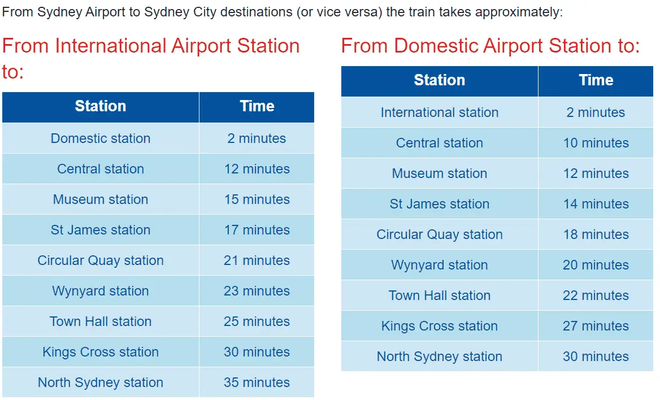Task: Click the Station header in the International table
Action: pyautogui.click(x=101, y=106)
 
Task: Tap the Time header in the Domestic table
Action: pyautogui.click(x=596, y=80)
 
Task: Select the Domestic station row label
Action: pyautogui.click(x=101, y=138)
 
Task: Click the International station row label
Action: pyautogui.click(x=440, y=112)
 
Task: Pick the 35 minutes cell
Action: pyautogui.click(x=257, y=382)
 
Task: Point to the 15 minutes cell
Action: pyautogui.click(x=257, y=199)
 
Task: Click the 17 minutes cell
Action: pyautogui.click(x=257, y=230)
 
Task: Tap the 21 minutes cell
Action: pyautogui.click(x=257, y=260)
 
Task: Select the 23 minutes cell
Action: pyautogui.click(x=257, y=291)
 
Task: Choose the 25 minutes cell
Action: pyautogui.click(x=257, y=321)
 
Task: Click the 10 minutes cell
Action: pyautogui.click(x=596, y=143)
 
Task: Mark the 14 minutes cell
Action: pyautogui.click(x=596, y=204)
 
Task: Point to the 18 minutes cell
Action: pyautogui.click(x=596, y=234)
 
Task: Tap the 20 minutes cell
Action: pyautogui.click(x=596, y=265)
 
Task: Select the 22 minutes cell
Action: pyautogui.click(x=596, y=295)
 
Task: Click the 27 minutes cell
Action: pyautogui.click(x=596, y=326)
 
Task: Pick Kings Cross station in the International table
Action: pyautogui.click(x=101, y=352)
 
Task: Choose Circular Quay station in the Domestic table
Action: pyautogui.click(x=440, y=234)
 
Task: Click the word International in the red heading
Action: pyautogui.click(x=111, y=45)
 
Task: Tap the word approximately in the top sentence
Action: pyautogui.click(x=519, y=12)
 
